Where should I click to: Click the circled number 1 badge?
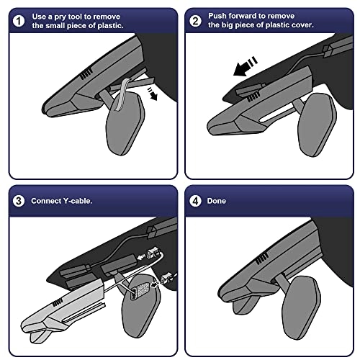click(19, 21)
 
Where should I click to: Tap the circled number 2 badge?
click(195, 21)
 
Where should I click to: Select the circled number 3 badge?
click(19, 201)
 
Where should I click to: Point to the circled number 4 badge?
click(195, 201)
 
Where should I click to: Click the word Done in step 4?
click(216, 201)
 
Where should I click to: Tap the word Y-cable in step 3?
click(78, 201)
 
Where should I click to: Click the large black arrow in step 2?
click(245, 67)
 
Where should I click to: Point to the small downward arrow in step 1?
click(153, 94)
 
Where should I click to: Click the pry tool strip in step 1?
click(124, 94)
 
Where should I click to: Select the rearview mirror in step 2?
click(317, 125)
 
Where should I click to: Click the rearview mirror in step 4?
click(302, 307)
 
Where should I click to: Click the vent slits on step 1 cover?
click(86, 73)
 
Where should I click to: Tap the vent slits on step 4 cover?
click(262, 258)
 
